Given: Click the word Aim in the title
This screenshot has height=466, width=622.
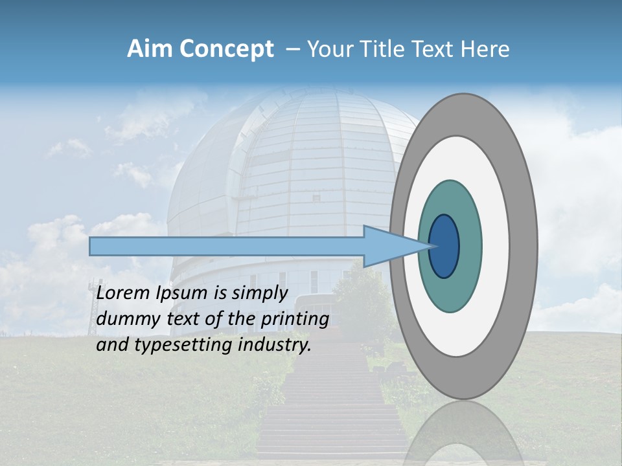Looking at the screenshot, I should [x=150, y=49].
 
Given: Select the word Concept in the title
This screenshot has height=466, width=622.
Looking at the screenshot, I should [x=226, y=49].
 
